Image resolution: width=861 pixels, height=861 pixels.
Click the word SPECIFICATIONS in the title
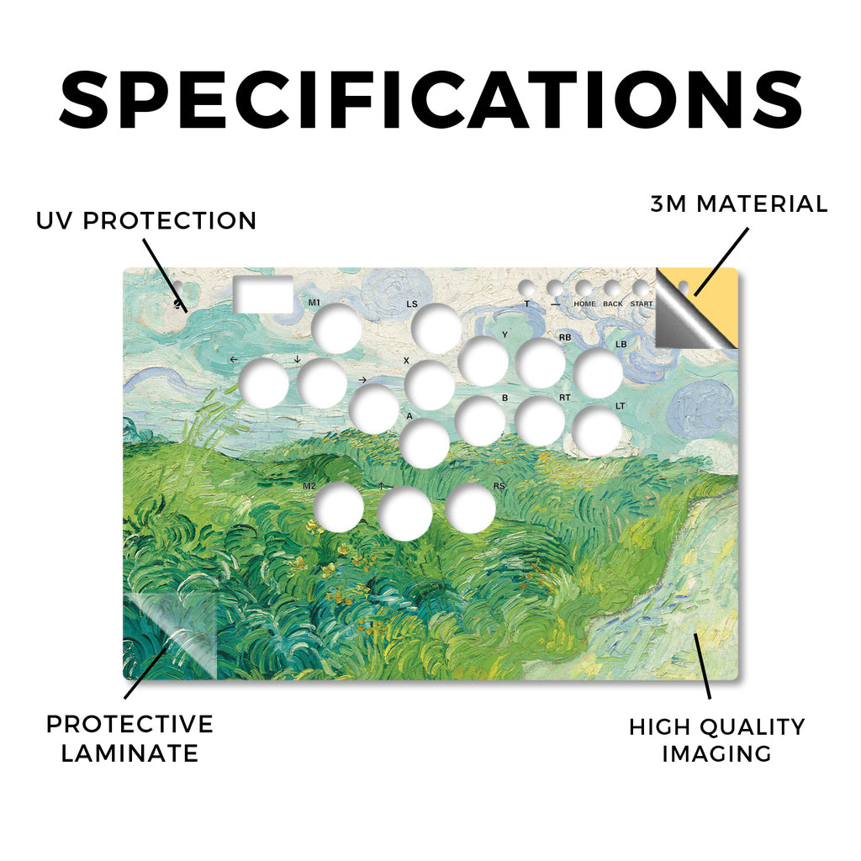point(430,100)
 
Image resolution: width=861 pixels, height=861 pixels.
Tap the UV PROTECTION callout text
point(146,221)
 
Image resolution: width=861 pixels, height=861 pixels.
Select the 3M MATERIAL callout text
point(738,203)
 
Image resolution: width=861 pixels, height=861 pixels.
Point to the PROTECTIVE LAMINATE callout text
point(129,738)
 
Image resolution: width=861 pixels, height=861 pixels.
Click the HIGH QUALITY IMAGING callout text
point(716,740)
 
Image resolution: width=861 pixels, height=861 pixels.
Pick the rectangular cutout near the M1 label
point(263,294)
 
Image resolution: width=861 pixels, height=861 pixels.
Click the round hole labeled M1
point(336,329)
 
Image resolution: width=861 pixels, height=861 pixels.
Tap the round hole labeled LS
point(436,329)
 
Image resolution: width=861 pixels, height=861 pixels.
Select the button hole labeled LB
point(598,372)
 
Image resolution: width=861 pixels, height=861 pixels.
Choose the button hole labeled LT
point(597,431)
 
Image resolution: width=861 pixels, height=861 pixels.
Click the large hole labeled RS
point(471,508)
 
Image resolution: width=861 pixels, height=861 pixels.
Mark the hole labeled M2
point(340,508)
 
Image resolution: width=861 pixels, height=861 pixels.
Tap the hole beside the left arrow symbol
point(264,383)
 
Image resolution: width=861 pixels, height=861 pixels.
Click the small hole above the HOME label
point(584,288)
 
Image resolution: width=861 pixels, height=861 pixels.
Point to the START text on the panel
point(642,304)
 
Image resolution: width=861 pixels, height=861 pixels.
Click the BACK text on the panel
point(613,304)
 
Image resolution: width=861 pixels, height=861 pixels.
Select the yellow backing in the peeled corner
point(714,304)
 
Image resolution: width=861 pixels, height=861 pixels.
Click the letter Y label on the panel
point(504,335)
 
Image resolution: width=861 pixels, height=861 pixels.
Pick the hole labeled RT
point(541,422)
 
